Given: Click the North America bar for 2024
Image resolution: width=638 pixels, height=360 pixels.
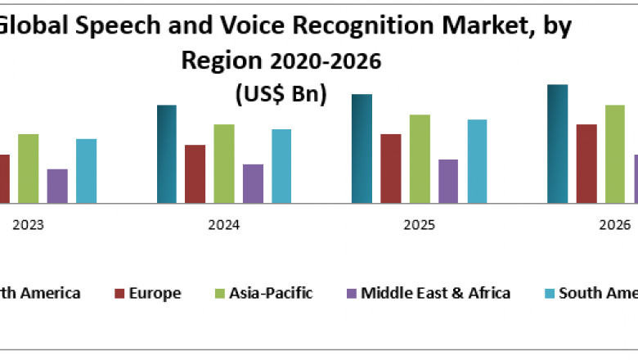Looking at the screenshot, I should pyautogui.click(x=166, y=154).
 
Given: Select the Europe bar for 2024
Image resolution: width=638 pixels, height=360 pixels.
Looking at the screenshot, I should pyautogui.click(x=195, y=173).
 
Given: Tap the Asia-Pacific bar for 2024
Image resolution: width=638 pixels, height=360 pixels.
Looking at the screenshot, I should pyautogui.click(x=224, y=164).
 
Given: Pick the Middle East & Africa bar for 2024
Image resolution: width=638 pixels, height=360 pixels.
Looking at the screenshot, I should pyautogui.click(x=253, y=183).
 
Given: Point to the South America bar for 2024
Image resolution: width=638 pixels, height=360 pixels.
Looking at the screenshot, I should pyautogui.click(x=281, y=166).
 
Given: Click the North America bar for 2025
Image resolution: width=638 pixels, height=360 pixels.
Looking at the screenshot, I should pyautogui.click(x=362, y=148).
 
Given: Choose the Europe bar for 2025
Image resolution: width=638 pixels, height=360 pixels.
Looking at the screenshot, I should pyautogui.click(x=390, y=169).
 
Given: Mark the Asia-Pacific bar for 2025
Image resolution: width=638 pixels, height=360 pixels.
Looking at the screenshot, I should pyautogui.click(x=420, y=159).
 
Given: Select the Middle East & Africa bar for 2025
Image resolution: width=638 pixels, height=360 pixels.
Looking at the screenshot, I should pyautogui.click(x=448, y=181).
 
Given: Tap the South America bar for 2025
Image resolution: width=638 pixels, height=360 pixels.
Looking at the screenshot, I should pyautogui.click(x=477, y=161).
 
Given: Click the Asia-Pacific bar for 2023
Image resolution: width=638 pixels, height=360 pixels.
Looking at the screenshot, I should pyautogui.click(x=29, y=168).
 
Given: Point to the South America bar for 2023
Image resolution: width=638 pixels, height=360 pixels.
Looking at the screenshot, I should pyautogui.click(x=86, y=171).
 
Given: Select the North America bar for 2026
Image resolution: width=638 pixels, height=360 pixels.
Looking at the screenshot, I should pyautogui.click(x=557, y=143).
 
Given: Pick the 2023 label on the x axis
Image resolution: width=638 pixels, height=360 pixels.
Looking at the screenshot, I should pyautogui.click(x=28, y=225).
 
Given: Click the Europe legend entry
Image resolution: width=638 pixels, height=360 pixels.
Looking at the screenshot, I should pyautogui.click(x=155, y=293).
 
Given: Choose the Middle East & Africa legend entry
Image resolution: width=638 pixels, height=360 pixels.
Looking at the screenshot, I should pyautogui.click(x=435, y=293).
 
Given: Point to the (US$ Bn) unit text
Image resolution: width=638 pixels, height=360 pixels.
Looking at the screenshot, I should pyautogui.click(x=281, y=94).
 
